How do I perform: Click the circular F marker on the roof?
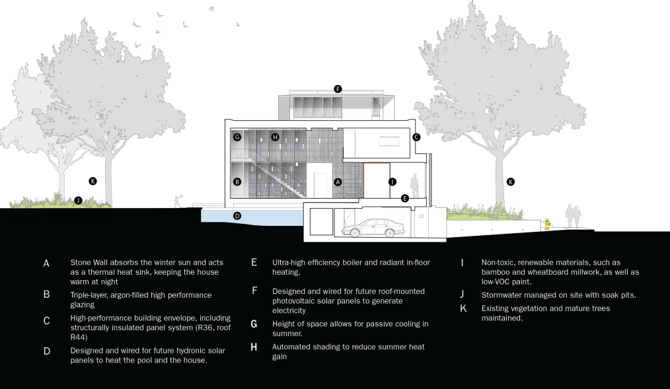pyautogui.click(x=338, y=88)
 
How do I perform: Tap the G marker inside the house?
pyautogui.click(x=237, y=137)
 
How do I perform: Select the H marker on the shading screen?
pyautogui.click(x=276, y=137)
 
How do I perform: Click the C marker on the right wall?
pyautogui.click(x=416, y=137)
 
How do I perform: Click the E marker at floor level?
pyautogui.click(x=405, y=197)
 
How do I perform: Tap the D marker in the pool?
pyautogui.click(x=237, y=215)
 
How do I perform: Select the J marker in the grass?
pyautogui.click(x=78, y=199)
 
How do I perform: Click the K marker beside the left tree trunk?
pyautogui.click(x=93, y=180)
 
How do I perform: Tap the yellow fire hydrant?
pyautogui.click(x=547, y=224)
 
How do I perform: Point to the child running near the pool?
pyautogui.click(x=176, y=200)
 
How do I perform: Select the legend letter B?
pyautogui.click(x=47, y=294)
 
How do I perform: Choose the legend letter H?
pyautogui.click(x=254, y=347)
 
